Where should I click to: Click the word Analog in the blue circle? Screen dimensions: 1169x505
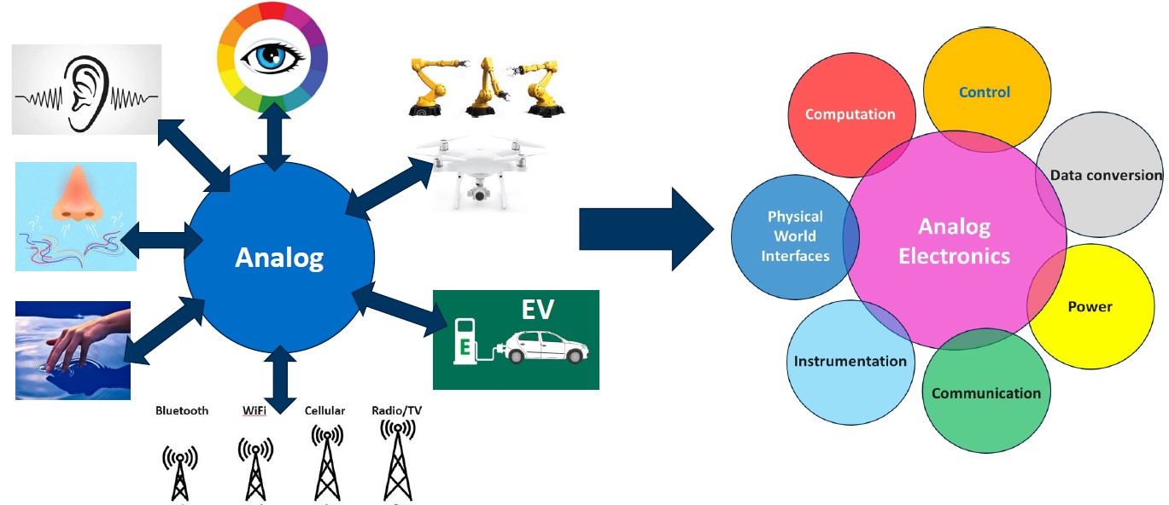279,258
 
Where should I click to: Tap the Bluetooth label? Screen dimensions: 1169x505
182,410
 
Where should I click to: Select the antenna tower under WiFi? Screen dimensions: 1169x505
255,469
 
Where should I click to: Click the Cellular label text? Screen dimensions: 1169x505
324,410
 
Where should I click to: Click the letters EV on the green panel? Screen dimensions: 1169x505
537,310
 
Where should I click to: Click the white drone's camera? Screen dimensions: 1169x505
478,194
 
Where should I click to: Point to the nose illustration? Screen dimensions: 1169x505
77,194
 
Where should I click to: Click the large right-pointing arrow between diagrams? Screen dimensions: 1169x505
646,229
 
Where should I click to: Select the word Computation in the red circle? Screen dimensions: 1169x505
850,114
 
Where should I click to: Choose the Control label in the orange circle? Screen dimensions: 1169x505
985,92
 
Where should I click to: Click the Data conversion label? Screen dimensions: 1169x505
1106,175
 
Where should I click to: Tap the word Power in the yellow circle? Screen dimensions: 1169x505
1090,306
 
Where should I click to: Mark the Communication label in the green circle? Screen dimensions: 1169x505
986,393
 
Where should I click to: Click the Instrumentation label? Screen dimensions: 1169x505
850,361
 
